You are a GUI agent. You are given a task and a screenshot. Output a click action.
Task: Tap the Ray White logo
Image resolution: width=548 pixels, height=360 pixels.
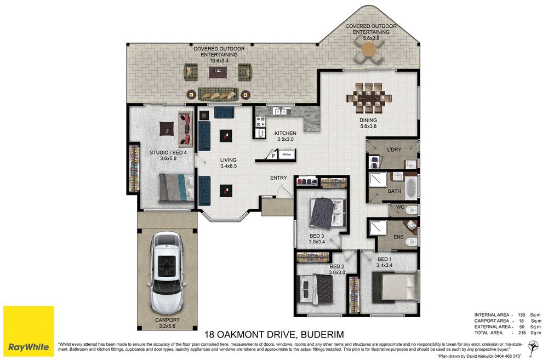pos(28,332)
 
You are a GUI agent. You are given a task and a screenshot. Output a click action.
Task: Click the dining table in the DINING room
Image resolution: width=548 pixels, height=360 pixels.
pos(368,97)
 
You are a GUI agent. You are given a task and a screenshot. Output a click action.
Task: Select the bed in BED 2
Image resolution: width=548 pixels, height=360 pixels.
pos(318,285)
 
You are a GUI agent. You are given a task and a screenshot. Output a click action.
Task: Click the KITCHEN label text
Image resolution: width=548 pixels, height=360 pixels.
pos(285,133)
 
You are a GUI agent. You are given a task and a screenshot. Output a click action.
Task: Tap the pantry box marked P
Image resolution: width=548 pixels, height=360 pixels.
pos(273,156)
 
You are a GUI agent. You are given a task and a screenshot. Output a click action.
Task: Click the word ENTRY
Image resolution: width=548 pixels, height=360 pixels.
pos(278,178)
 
